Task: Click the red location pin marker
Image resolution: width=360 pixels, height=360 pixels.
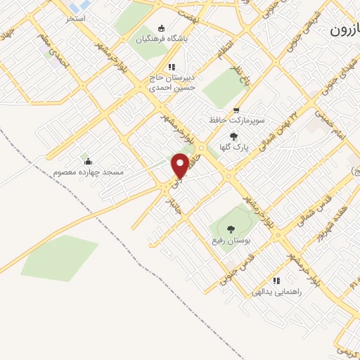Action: coord(180,165)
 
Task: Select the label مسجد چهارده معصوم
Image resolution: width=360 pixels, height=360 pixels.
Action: coord(88,172)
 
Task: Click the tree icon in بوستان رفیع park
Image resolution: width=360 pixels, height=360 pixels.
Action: coord(230,228)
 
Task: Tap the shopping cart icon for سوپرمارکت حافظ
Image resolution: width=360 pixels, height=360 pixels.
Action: coord(236,110)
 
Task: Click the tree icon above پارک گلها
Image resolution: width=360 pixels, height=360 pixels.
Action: coord(234,137)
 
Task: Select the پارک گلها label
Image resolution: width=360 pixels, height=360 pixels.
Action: coord(235,148)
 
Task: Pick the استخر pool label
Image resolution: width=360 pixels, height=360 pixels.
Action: coord(76,18)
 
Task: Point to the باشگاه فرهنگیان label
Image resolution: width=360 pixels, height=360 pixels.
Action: coord(186,39)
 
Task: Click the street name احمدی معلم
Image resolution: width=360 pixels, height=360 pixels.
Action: coord(56,53)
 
